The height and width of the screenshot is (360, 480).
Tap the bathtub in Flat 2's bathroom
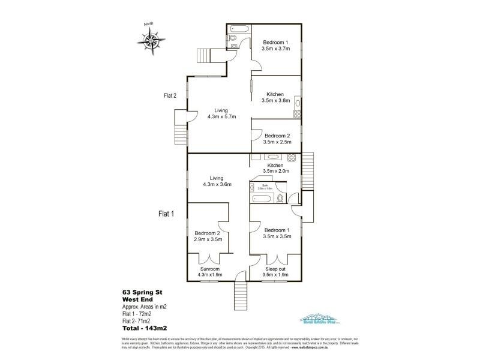coord(238,29)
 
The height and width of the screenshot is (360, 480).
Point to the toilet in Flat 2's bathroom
coord(234,40)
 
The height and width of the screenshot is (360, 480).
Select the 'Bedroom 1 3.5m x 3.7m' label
coord(276,45)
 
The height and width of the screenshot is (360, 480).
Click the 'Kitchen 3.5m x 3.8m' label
coord(275,98)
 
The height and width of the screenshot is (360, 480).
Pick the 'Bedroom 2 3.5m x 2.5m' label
coord(277,139)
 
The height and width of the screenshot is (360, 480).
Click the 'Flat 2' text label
coord(170,95)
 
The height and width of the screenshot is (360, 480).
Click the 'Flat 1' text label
coord(166,213)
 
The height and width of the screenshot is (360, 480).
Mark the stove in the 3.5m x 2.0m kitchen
coord(292,158)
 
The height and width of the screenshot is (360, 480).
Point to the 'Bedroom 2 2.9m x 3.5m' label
coord(208,236)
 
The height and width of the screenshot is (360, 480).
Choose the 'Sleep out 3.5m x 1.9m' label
coord(277,272)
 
